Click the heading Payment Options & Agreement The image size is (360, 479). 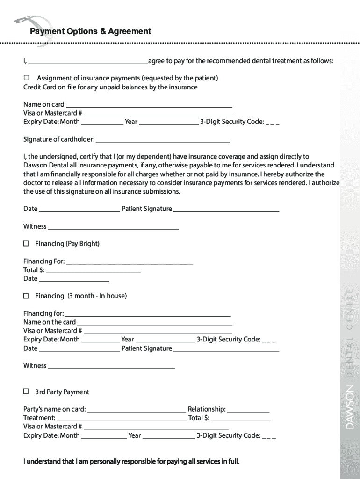point(90,31)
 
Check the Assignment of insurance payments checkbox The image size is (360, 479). point(27,78)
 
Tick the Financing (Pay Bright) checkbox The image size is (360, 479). point(26,244)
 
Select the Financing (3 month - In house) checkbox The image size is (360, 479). point(26,296)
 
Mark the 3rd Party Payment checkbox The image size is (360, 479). point(26,392)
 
